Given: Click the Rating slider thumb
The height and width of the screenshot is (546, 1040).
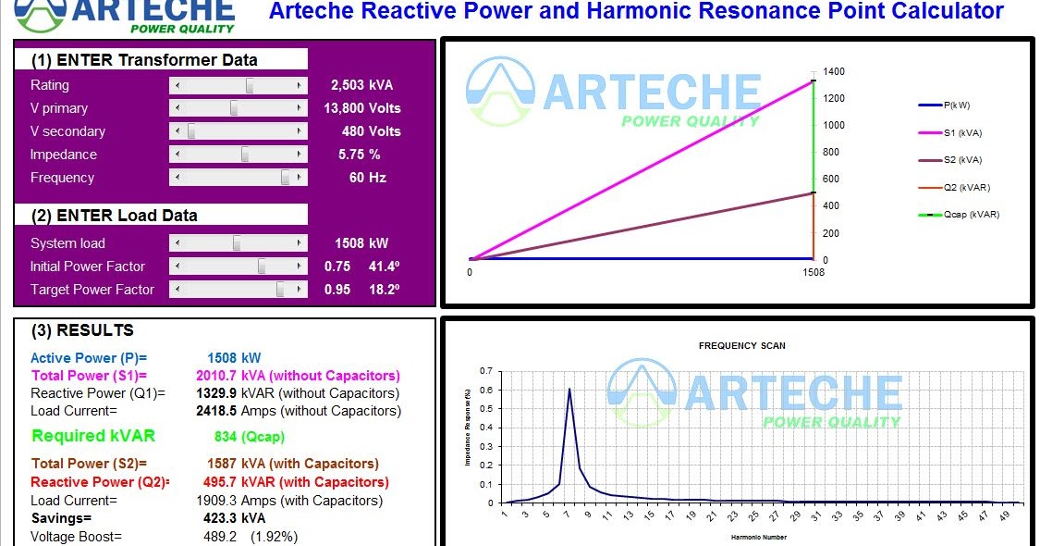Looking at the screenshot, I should coord(249,85).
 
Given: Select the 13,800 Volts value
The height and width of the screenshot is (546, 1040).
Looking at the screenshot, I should coord(362,108).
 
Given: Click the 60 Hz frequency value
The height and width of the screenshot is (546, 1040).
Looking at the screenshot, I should coord(368,178).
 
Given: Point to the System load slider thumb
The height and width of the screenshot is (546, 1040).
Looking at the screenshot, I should coord(237,243).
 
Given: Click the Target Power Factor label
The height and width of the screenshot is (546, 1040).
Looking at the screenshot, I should coord(92,290).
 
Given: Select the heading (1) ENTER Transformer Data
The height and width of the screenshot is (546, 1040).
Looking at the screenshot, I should coord(144,60).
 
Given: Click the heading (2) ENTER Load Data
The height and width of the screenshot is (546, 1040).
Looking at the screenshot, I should coord(114,216).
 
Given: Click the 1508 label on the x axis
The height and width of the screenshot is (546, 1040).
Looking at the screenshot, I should coord(813,273).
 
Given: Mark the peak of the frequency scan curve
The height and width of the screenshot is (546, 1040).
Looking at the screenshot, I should coord(569,389).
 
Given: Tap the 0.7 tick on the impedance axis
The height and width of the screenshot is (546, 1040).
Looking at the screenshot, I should coord(486,370).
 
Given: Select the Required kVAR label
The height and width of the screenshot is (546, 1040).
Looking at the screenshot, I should coord(93,436).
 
